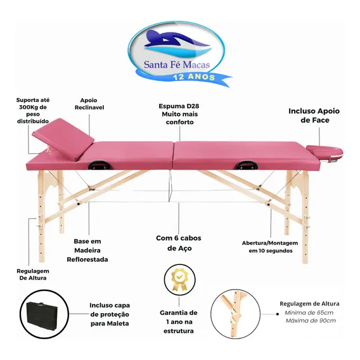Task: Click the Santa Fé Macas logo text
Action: pos(177,65)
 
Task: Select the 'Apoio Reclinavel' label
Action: pos(89,104)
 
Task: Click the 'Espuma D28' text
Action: pos(179,106)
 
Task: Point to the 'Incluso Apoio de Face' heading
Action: pos(314,115)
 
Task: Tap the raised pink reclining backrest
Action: pos(63,138)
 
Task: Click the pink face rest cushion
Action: pos(325,151)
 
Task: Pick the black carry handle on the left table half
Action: pos(98,165)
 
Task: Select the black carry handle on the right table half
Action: pos(246,165)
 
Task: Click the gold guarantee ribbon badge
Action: pos(179,279)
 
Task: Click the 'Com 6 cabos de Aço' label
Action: pos(179,243)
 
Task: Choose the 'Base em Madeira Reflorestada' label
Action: pos(87,250)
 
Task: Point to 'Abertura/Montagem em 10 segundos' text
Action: pos(270,247)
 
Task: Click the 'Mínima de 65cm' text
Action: pos(309,312)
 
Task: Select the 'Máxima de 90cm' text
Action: pos(311,321)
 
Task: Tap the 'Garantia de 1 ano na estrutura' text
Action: pos(179,322)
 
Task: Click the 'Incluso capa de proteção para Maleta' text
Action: pos(110,314)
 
